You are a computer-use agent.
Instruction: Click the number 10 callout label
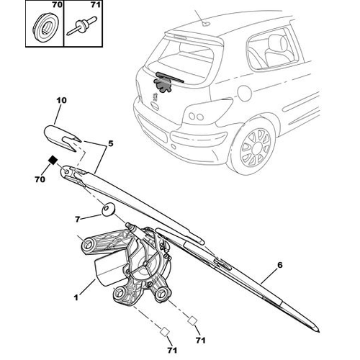pyautogui.click(x=61, y=100)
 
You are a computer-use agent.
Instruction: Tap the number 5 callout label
pyautogui.click(x=110, y=143)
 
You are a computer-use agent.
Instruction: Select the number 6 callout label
pyautogui.click(x=280, y=265)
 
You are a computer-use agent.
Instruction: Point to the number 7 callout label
pyautogui.click(x=77, y=220)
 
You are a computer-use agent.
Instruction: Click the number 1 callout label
pyautogui.click(x=76, y=298)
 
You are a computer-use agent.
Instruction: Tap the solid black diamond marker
pyautogui.click(x=53, y=160)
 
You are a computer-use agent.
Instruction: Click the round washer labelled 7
pyautogui.click(x=108, y=210)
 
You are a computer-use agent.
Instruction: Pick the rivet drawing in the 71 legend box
pyautogui.click(x=82, y=25)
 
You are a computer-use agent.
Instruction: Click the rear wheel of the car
pyautogui.click(x=255, y=147)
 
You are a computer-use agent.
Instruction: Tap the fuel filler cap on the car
pyautogui.click(x=244, y=92)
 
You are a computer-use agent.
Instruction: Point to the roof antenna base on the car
pyautogui.click(x=205, y=24)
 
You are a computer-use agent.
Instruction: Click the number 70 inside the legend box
pyautogui.click(x=57, y=5)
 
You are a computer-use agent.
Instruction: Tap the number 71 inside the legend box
pyautogui.click(x=95, y=5)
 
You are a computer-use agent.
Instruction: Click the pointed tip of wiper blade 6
pyautogui.click(x=319, y=331)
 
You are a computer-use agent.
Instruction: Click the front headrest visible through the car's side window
pyautogui.click(x=275, y=43)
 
